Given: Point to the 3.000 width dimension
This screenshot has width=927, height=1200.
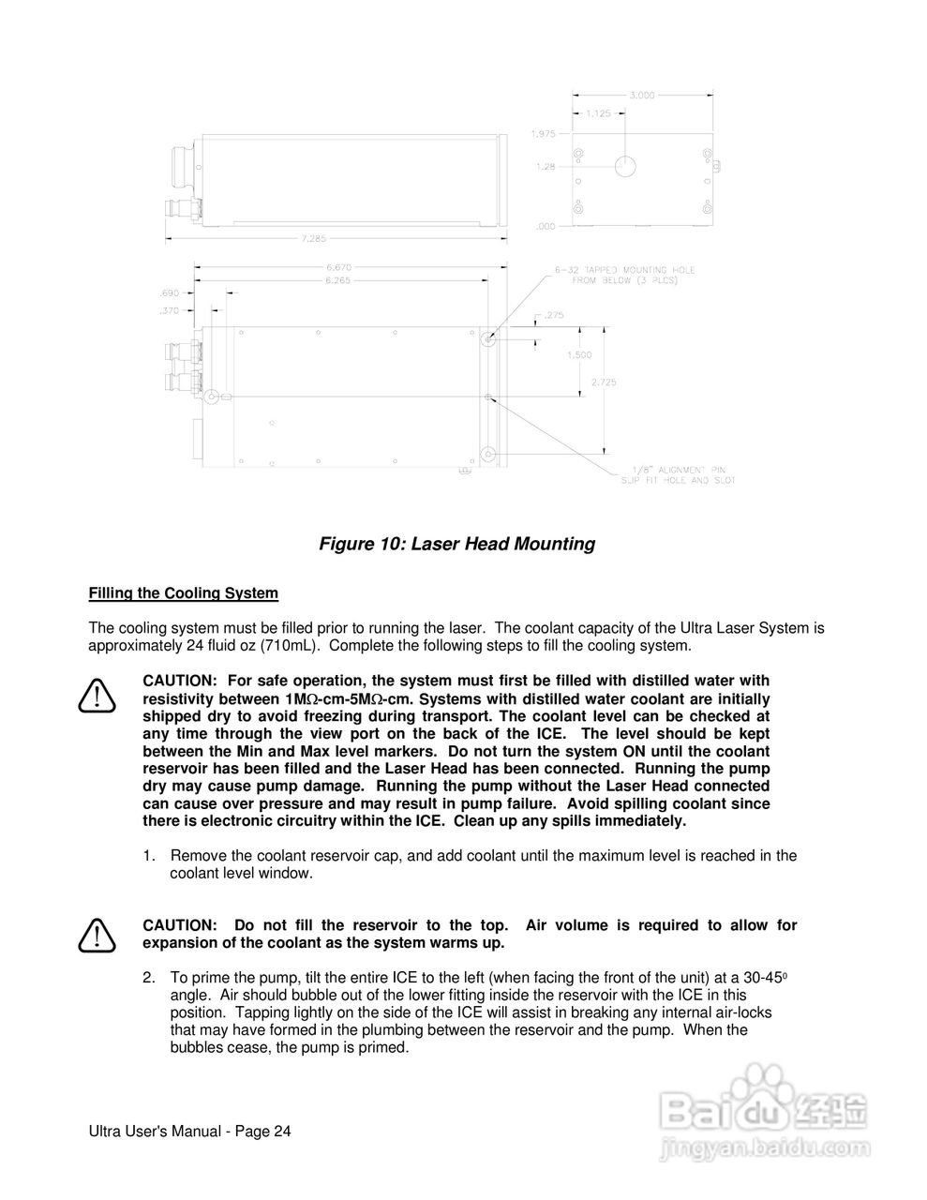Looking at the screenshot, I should (642, 95).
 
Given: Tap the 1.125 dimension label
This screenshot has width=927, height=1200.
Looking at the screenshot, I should (599, 113).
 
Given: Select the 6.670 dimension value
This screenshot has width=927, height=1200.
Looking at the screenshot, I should (337, 267).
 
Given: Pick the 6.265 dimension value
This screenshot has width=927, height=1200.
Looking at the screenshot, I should (337, 280).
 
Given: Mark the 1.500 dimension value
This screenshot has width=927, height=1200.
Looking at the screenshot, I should (580, 355).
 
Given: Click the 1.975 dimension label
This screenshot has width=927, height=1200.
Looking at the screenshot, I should (545, 132).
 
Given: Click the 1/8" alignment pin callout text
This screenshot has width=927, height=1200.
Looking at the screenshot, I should (678, 474).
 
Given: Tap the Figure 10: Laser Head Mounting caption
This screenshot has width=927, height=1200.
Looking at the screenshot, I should (457, 544).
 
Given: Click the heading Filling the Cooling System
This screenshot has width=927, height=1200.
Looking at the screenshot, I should (183, 592).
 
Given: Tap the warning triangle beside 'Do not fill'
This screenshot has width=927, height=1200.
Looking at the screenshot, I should (98, 934).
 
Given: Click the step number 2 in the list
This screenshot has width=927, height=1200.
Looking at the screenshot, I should (149, 978).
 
